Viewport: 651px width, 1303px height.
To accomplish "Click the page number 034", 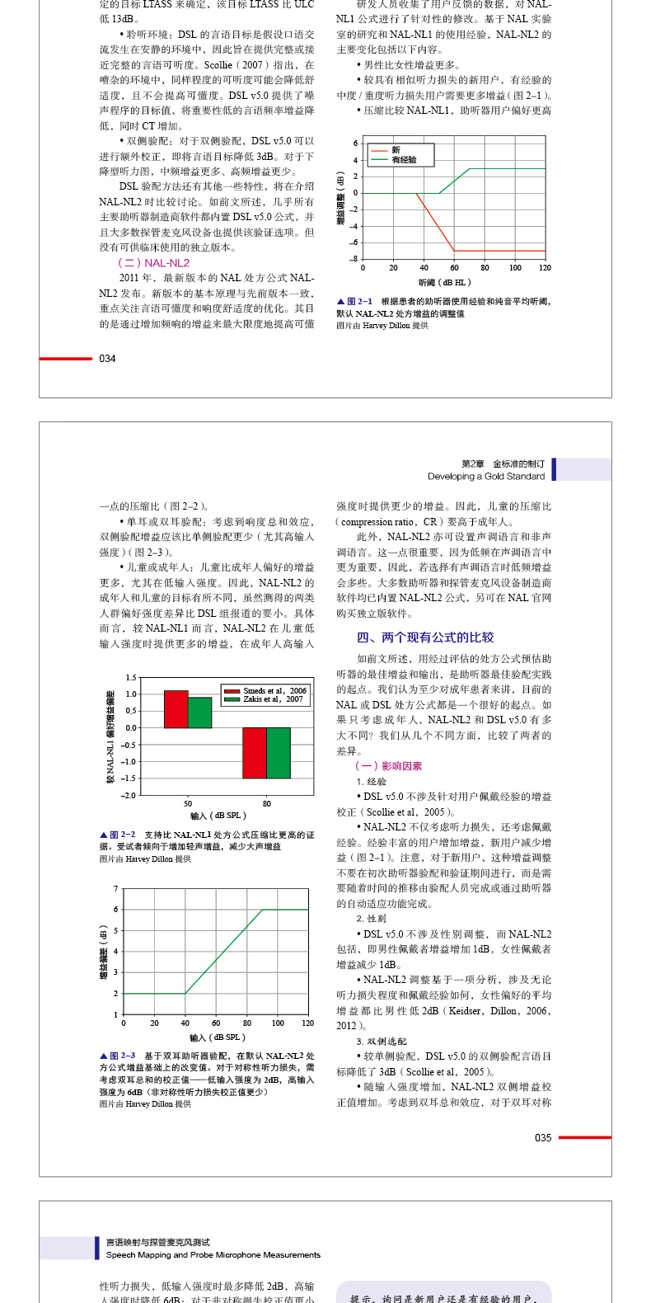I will pos(107,359).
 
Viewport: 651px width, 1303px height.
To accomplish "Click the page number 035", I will pos(543,1138).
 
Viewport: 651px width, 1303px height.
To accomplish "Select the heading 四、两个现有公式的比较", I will pos(425,637).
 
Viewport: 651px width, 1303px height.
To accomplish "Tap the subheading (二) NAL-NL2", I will pos(154,263).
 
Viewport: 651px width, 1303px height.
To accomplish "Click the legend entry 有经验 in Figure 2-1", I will pos(404,160).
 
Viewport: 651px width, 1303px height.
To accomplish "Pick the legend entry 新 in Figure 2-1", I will pos(396,150).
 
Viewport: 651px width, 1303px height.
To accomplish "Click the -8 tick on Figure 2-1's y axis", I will pos(355,259).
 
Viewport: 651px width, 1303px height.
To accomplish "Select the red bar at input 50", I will pos(176,709).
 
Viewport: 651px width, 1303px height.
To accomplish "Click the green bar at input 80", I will pos(279,753).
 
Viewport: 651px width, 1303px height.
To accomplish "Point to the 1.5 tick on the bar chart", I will pos(131,678).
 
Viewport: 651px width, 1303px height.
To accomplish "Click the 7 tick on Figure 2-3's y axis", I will pos(116,889).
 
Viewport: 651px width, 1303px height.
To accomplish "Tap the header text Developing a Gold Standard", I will pos(486,477).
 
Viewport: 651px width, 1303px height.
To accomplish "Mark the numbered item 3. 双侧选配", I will pos(382,1042).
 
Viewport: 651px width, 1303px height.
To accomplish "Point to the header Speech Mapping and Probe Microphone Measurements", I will pos(213,1255).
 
